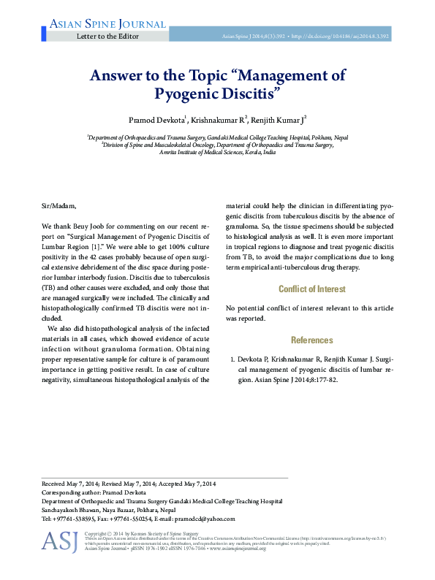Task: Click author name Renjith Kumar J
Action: tap(281, 119)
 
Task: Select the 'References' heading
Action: tap(312, 340)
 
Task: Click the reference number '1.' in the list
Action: tap(232, 360)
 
